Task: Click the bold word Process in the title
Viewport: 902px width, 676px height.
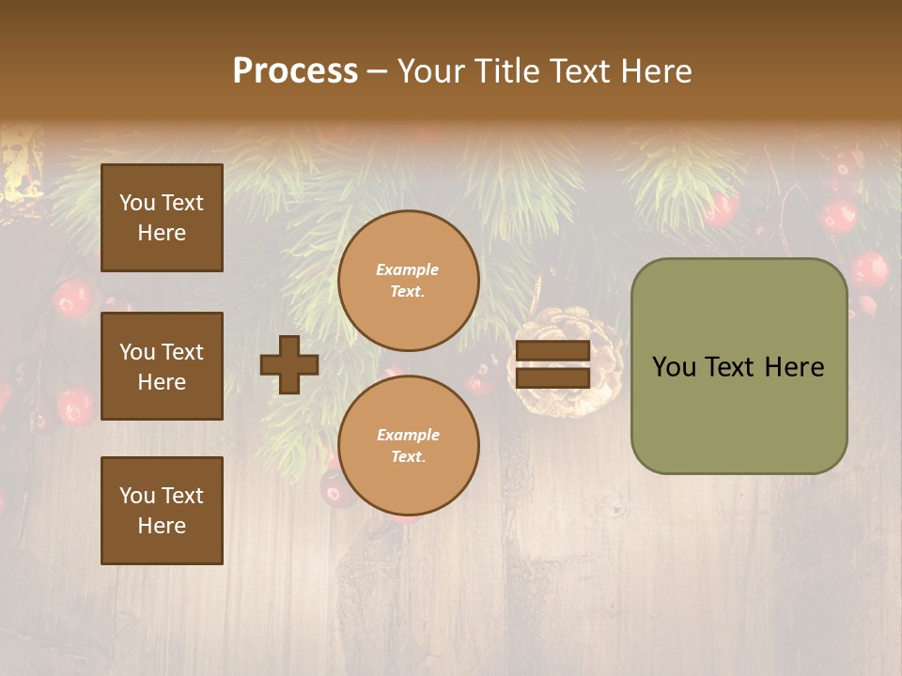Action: [295, 71]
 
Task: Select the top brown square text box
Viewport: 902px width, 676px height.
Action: [162, 218]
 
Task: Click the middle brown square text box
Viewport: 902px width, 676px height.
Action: [162, 366]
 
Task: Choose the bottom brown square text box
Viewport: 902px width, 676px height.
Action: [162, 511]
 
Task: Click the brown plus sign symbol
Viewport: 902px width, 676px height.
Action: [289, 364]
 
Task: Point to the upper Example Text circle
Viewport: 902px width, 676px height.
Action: [408, 281]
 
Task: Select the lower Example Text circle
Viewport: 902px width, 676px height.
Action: [408, 446]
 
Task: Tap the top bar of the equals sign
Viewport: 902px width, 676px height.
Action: [552, 351]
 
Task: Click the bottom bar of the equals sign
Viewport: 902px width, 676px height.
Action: [552, 377]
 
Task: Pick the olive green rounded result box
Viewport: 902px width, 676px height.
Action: [739, 366]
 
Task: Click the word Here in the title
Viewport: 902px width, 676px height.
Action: [657, 71]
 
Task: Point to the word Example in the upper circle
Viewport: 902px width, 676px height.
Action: [407, 270]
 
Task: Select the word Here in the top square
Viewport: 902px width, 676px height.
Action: [162, 233]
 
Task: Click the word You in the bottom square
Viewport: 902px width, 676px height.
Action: [137, 496]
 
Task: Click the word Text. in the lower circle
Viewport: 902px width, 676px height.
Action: [408, 457]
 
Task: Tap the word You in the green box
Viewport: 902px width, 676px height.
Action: [674, 367]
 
